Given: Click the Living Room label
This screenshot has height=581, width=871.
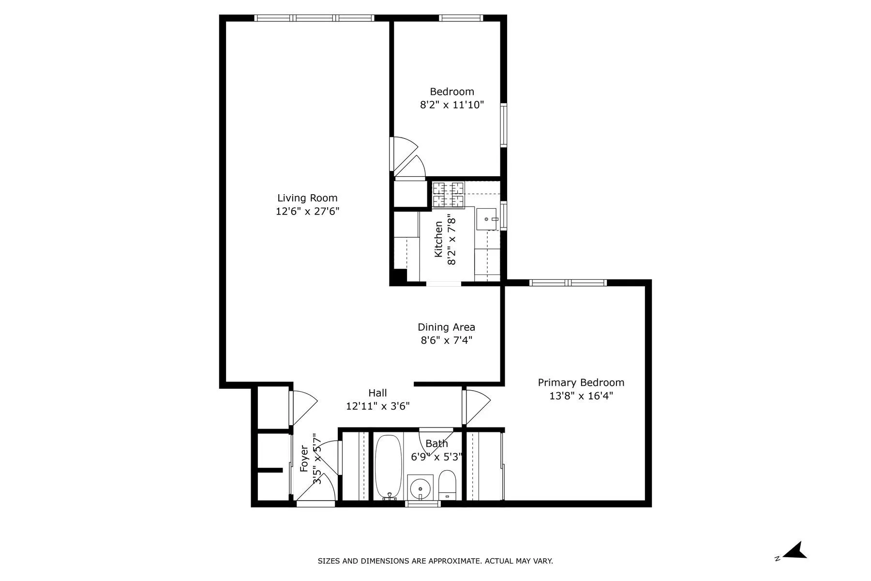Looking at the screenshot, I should coord(307,198).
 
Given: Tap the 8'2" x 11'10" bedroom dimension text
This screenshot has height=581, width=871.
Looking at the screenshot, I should coord(451,105).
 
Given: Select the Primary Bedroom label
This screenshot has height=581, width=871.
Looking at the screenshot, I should coord(581,382).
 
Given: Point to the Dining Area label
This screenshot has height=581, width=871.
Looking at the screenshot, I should coord(446,327).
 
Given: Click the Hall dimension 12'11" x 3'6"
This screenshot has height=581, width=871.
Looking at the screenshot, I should coord(377,406).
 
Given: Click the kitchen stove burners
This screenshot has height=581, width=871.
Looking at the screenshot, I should coord(448,194).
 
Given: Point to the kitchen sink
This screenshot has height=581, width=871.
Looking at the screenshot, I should coord(487,219).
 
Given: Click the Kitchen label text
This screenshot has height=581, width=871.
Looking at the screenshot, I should coord(438,239).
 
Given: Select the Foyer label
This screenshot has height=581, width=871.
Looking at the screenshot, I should coord(304,459).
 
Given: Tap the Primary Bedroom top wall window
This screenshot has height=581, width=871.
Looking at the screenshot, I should coord(568,283).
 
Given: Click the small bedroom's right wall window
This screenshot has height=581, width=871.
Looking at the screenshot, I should coord(503,125).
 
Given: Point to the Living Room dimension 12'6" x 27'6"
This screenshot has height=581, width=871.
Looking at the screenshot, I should coord(307,212).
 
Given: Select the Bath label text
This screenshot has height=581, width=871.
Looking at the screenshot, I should coord(436,443).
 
